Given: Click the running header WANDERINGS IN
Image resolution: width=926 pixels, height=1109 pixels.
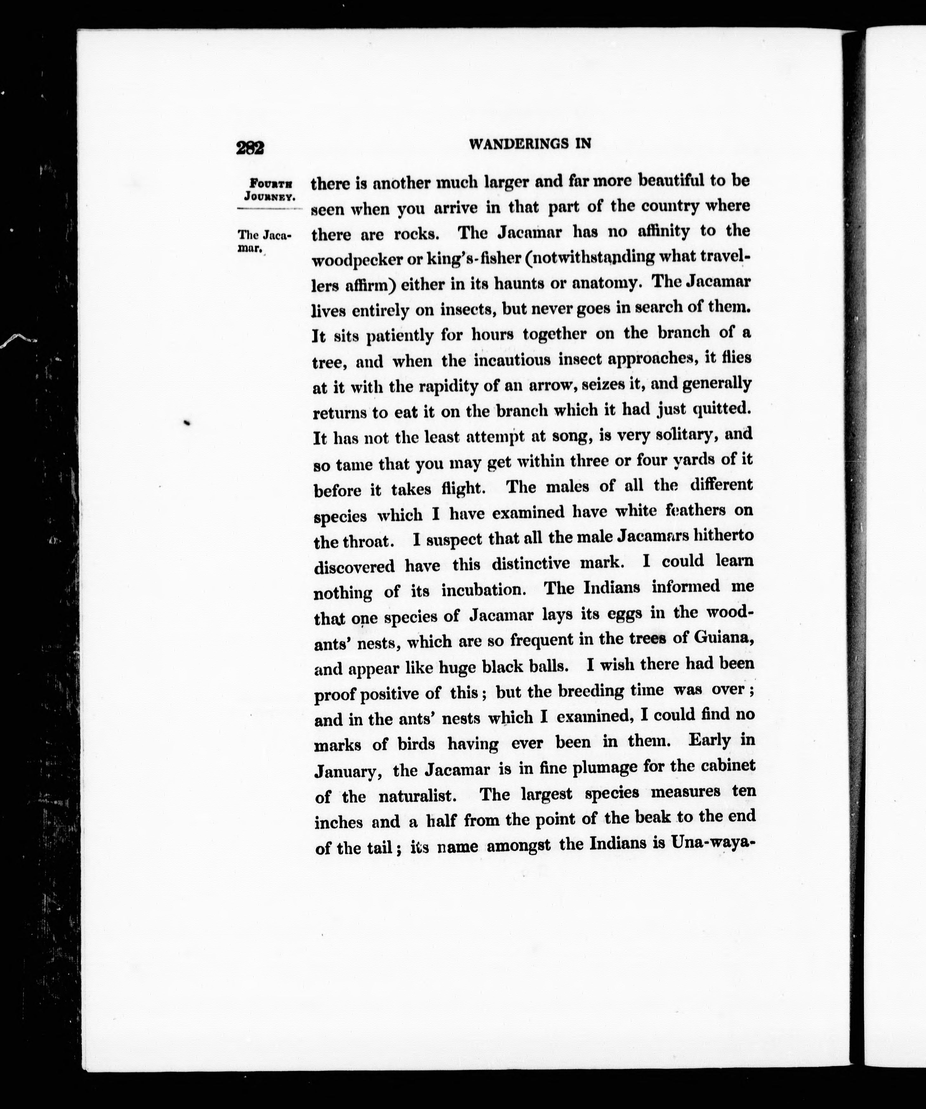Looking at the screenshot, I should point(530,144).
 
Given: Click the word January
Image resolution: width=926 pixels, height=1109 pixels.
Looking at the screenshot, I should point(347,771).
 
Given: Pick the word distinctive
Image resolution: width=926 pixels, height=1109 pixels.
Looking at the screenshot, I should point(531,563).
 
